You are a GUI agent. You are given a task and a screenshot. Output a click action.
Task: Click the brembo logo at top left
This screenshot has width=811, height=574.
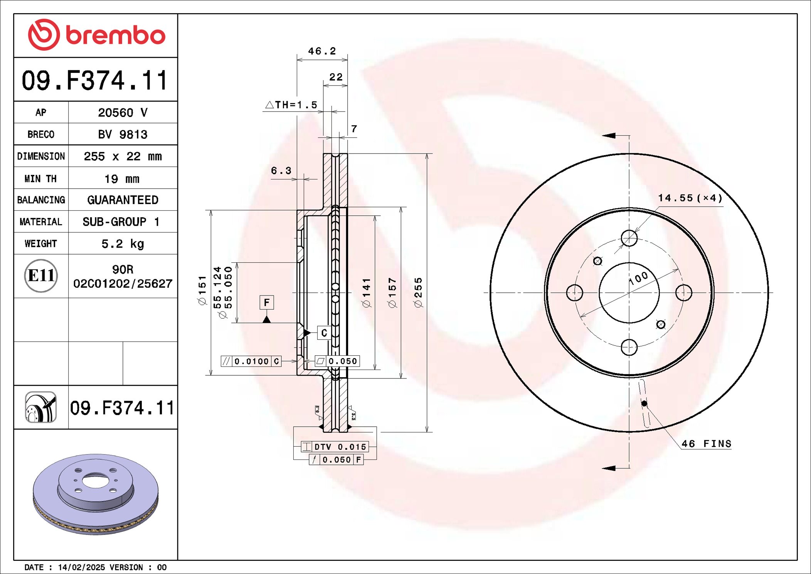96,35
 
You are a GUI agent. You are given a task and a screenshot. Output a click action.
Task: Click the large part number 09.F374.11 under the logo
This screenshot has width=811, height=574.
95,81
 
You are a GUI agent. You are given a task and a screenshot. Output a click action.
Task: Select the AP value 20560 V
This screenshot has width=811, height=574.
123,113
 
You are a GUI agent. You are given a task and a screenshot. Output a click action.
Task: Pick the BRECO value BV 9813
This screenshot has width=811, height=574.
123,135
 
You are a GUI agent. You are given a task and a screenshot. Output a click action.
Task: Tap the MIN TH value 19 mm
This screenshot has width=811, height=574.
122,179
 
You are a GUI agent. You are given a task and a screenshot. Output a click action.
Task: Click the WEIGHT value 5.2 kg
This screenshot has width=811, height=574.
123,244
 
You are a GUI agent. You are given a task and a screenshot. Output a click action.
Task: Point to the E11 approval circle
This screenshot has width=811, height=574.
41,276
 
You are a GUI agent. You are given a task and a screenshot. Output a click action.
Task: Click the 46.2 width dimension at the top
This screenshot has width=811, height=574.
322,51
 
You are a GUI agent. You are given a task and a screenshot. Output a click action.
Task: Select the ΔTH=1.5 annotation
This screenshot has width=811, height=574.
292,105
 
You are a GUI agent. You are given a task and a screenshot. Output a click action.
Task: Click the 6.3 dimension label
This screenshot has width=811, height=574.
281,171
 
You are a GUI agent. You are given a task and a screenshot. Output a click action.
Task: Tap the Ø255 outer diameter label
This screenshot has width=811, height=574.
418,292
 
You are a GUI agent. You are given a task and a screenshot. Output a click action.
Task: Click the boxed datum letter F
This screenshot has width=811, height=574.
267,303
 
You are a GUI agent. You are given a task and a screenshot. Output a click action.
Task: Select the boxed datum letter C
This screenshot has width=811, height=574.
324,333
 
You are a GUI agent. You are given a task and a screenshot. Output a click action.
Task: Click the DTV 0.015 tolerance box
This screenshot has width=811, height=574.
335,447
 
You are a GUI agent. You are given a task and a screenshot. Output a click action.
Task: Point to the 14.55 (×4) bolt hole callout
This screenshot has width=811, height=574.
690,198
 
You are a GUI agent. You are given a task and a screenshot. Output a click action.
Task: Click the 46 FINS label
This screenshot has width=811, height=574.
706,444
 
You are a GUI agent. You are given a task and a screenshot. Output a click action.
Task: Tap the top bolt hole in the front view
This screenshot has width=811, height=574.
629,238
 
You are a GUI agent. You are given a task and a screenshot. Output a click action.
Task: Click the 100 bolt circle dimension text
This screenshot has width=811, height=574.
638,278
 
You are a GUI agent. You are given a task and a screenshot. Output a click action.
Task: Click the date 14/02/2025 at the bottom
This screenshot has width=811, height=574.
81,567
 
